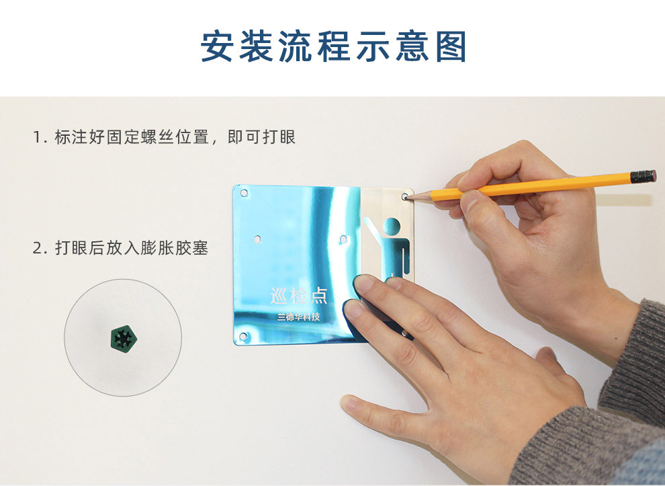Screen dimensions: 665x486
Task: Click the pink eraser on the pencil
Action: [654, 175]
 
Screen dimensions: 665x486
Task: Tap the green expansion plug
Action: [124, 339]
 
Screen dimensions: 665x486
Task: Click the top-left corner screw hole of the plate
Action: [244, 193]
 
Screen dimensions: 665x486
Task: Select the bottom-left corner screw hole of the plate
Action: [243, 337]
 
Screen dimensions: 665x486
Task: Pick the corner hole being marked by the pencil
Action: [404, 196]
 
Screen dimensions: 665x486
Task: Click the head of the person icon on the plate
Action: [392, 227]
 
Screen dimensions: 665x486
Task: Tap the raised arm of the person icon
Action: [372, 229]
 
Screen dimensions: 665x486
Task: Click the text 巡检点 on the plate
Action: [299, 296]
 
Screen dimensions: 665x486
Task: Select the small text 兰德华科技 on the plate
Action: [298, 317]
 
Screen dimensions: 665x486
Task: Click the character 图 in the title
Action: [451, 46]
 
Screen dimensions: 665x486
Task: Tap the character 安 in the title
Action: [217, 46]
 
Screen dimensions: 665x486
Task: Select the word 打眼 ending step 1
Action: [279, 137]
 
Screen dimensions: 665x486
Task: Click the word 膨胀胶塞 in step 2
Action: [174, 248]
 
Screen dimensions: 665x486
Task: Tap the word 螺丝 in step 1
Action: [158, 137]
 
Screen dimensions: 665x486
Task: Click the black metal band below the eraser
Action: [641, 177]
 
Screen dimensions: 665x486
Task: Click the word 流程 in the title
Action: [314, 46]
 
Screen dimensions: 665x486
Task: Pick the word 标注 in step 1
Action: [71, 137]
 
